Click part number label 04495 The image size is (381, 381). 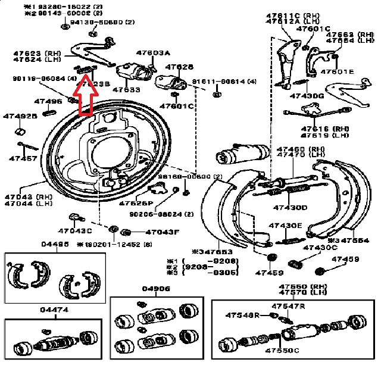(55, 244)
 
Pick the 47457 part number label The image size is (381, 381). (23, 159)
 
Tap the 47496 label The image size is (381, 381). (48, 101)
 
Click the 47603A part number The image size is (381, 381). (152, 53)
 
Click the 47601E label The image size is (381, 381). (337, 72)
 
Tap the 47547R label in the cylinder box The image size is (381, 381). (288, 306)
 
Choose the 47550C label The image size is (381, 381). (282, 351)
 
